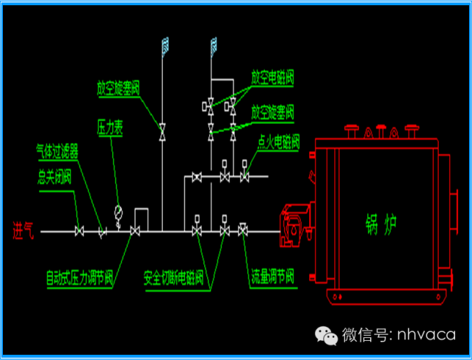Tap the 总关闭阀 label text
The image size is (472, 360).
(x=55, y=176)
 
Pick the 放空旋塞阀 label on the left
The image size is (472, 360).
(x=118, y=86)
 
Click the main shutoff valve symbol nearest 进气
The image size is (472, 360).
(x=80, y=232)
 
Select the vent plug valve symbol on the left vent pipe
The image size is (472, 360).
(x=162, y=131)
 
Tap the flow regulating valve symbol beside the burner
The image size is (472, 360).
(x=243, y=231)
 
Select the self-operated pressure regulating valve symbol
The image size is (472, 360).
(x=135, y=232)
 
